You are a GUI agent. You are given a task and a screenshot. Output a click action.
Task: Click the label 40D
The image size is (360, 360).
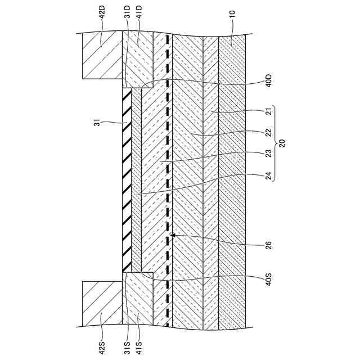(x=268, y=82)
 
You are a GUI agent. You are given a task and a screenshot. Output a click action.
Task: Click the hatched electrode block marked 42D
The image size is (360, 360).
(x=102, y=56)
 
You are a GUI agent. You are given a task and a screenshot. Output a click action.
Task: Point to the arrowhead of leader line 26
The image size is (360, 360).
(x=173, y=235)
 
